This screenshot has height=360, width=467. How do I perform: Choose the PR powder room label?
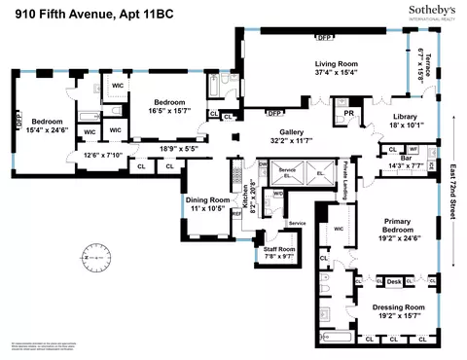pos(347,113)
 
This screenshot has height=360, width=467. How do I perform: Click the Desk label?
pos(394,282)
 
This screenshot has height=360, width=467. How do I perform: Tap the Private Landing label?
pos(344,185)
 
